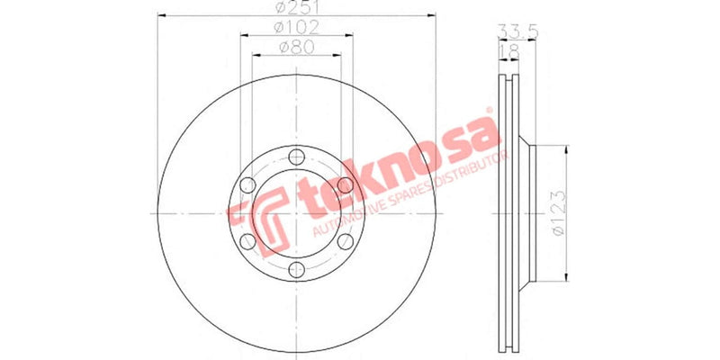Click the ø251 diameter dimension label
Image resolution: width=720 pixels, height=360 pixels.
pos(291,8)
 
